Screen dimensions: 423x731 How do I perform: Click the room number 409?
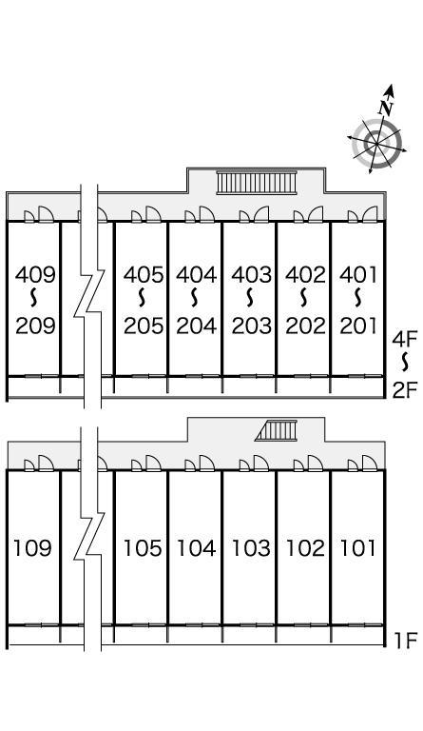pyautogui.click(x=35, y=274)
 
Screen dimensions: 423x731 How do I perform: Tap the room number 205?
pyautogui.click(x=144, y=326)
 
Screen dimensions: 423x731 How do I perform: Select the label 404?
pyautogui.click(x=197, y=274)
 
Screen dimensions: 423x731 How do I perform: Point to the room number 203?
pyautogui.click(x=251, y=326)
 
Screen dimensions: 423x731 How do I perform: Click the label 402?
pyautogui.click(x=306, y=274)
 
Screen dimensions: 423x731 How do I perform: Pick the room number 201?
pyautogui.click(x=357, y=326)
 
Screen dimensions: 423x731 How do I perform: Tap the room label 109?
pyautogui.click(x=32, y=548)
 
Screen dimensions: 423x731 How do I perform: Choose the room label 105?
pyautogui.click(x=143, y=548)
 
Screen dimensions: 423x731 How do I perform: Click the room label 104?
pyautogui.click(x=197, y=548)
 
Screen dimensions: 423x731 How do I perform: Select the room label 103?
pyautogui.click(x=251, y=548)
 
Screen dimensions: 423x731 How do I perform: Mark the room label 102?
pyautogui.click(x=305, y=548)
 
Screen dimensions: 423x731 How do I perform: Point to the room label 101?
pyautogui.click(x=357, y=548)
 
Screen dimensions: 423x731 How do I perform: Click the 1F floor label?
pyautogui.click(x=406, y=641)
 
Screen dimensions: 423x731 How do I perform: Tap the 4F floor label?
pyautogui.click(x=405, y=339)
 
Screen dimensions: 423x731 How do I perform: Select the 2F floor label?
pyautogui.click(x=405, y=390)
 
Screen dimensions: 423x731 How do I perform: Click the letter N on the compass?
pyautogui.click(x=386, y=109)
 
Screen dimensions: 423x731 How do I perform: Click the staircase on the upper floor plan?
pyautogui.click(x=257, y=183)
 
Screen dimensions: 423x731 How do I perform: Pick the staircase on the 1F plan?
pyautogui.click(x=276, y=430)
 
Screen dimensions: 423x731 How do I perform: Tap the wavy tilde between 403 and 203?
pyautogui.click(x=250, y=298)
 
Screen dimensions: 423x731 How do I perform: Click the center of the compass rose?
pyautogui.click(x=376, y=144)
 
